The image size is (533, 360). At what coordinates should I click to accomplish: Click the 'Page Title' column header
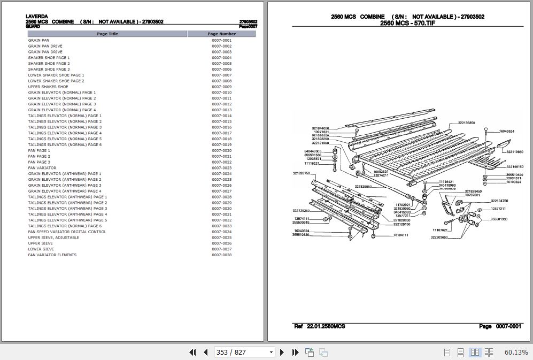pyautogui.click(x=107, y=34)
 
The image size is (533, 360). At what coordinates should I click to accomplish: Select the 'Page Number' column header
pyautogui.click(x=221, y=34)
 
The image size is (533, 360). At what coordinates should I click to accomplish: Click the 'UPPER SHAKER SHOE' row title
pyautogui.click(x=48, y=87)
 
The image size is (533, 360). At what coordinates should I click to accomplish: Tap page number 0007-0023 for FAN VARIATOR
pyautogui.click(x=221, y=168)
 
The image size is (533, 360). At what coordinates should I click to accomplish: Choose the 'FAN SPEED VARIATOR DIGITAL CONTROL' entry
pyautogui.click(x=67, y=232)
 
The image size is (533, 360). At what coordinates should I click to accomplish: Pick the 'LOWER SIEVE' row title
pyautogui.click(x=41, y=249)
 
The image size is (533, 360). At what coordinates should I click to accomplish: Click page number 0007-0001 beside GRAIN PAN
pyautogui.click(x=221, y=40)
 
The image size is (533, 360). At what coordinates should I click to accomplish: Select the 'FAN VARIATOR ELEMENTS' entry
pyautogui.click(x=52, y=255)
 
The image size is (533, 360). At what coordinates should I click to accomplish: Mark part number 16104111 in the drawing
pyautogui.click(x=401, y=235)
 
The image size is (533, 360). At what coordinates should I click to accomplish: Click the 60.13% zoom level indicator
pyautogui.click(x=516, y=352)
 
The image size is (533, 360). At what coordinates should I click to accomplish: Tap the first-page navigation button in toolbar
pyautogui.click(x=193, y=352)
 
